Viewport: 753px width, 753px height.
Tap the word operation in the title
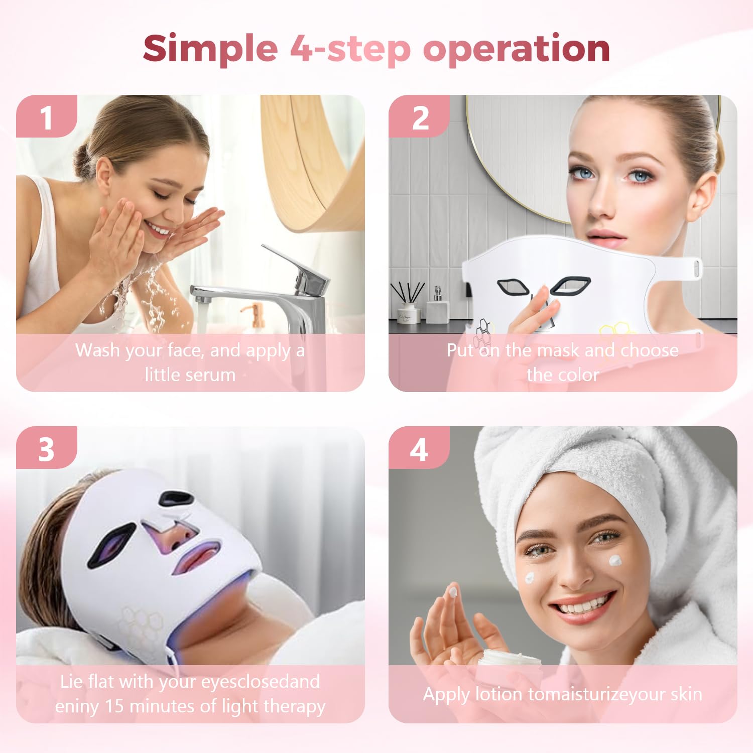click(x=517, y=49)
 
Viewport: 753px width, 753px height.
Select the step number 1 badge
click(x=47, y=116)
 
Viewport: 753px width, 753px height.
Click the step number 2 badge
click(x=420, y=116)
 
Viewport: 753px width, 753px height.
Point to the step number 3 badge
click(x=47, y=448)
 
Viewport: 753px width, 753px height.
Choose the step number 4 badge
click(x=420, y=448)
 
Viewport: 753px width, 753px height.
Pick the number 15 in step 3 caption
click(x=113, y=706)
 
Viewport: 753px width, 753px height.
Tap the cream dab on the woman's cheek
click(x=615, y=560)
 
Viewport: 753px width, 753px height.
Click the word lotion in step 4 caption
click(x=499, y=694)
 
